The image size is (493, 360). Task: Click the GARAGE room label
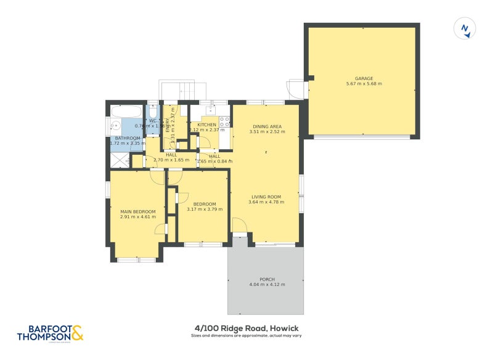(364, 78)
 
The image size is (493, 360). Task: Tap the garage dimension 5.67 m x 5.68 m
(364, 84)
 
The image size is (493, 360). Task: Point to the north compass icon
(466, 29)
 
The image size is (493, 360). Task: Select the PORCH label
(267, 279)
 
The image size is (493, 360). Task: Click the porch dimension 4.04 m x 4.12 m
(267, 285)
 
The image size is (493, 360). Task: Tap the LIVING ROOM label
(265, 197)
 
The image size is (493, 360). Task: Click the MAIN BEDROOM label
(137, 212)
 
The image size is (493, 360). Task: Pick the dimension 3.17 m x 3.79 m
(204, 210)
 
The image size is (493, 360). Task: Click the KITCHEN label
(206, 125)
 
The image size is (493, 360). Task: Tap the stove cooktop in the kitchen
(224, 121)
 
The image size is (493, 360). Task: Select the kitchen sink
(210, 110)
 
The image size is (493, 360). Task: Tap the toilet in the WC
(152, 113)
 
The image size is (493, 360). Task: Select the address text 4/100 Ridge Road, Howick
(246, 329)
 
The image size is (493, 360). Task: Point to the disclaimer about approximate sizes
(246, 336)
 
